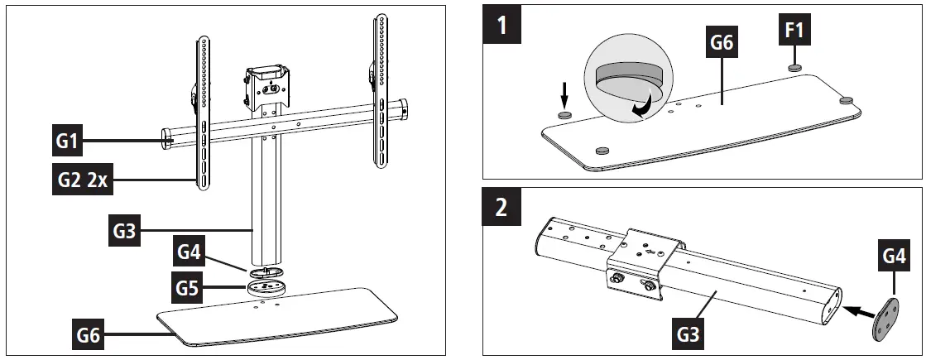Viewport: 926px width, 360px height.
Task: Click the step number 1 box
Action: click(501, 26)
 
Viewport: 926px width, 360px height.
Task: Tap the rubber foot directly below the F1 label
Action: click(794, 67)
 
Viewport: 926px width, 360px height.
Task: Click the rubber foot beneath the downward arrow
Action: click(564, 114)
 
